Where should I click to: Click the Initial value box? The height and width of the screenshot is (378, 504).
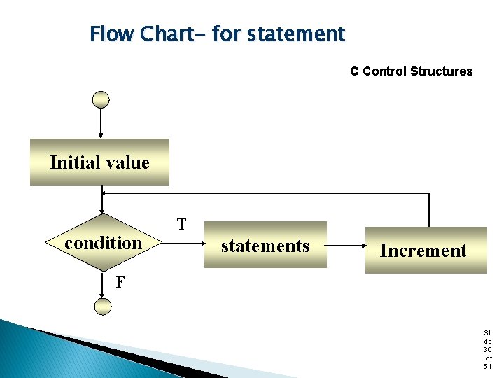(x=99, y=162)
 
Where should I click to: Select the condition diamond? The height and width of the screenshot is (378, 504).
(x=103, y=243)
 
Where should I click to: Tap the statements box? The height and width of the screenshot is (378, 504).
(x=265, y=245)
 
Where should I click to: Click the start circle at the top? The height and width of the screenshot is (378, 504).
(x=101, y=99)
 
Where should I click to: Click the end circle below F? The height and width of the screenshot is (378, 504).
(x=102, y=306)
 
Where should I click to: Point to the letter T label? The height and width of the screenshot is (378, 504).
(x=181, y=225)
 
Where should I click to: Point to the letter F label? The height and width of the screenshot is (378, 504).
(x=120, y=283)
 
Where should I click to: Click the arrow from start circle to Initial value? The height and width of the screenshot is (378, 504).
(x=101, y=122)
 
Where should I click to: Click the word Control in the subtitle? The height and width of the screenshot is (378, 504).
(x=384, y=71)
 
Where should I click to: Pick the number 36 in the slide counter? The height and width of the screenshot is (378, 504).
(x=487, y=349)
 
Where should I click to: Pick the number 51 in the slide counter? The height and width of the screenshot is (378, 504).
(x=487, y=366)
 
